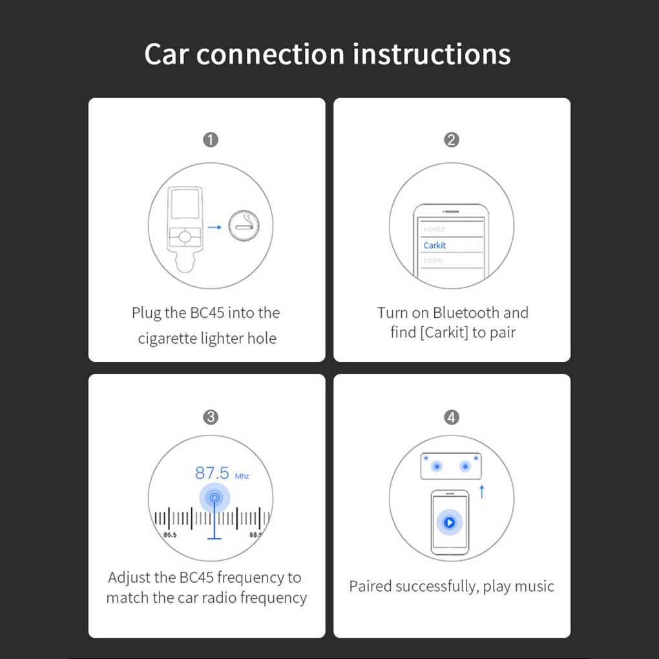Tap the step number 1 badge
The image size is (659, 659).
click(x=211, y=140)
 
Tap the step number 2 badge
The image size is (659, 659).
click(x=452, y=140)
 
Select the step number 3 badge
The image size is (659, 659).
click(x=211, y=417)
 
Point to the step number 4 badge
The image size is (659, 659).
click(x=452, y=417)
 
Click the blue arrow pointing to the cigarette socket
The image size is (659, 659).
click(x=214, y=227)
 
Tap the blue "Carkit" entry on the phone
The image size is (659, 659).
click(x=435, y=246)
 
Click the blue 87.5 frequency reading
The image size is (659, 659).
click(x=212, y=473)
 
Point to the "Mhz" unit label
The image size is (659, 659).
click(x=242, y=476)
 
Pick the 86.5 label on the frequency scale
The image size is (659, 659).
click(x=170, y=535)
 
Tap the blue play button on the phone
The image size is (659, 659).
click(x=449, y=522)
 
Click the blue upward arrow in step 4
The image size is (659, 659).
click(x=481, y=491)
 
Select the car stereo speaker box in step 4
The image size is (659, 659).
click(x=450, y=466)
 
